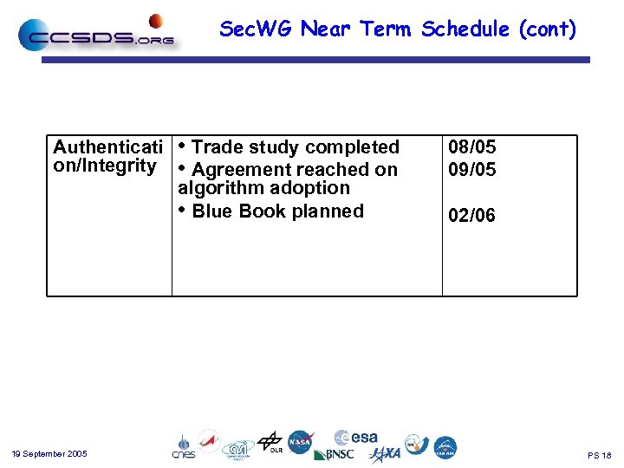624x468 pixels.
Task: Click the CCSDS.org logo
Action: [97, 35]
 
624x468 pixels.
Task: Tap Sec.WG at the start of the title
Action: [257, 29]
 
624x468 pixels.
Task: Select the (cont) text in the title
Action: [548, 29]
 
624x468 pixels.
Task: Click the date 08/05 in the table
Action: [472, 147]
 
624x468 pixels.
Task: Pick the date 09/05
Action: [472, 170]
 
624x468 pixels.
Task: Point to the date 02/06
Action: [472, 215]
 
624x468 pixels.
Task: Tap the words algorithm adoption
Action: [263, 188]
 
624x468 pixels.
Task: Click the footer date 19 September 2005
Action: [49, 454]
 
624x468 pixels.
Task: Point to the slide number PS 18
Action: [599, 455]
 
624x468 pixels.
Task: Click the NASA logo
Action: [301, 442]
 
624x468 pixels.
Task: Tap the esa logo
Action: [356, 438]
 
